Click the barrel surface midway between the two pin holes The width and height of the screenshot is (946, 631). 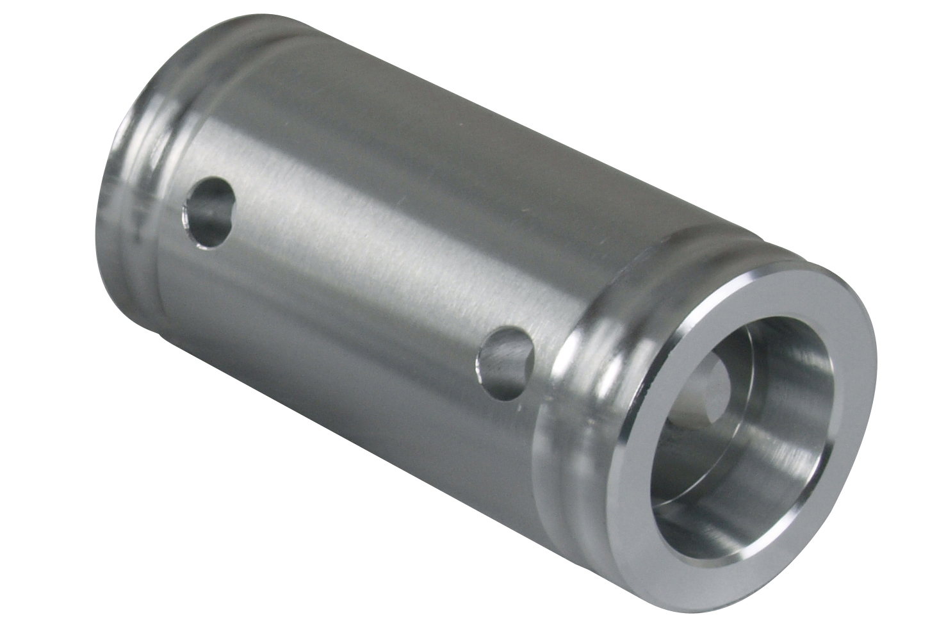359,288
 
